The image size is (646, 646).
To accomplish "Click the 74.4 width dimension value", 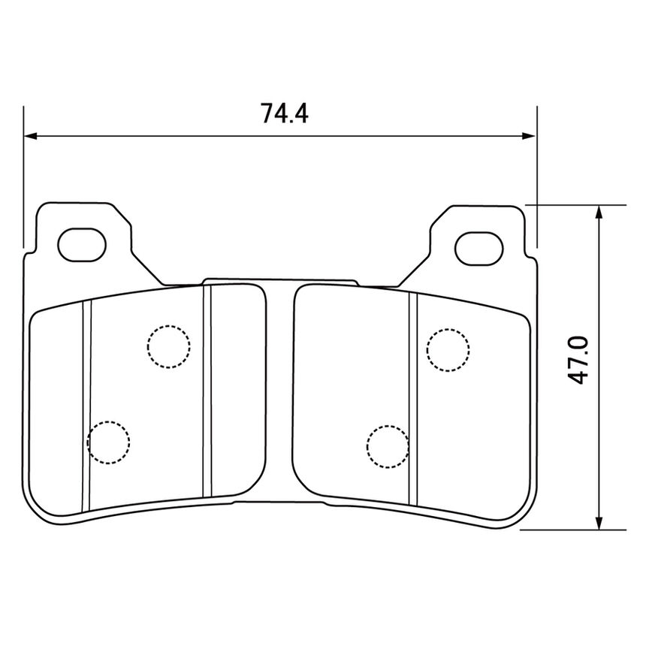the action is (284, 113).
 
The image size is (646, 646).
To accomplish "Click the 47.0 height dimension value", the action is (578, 360).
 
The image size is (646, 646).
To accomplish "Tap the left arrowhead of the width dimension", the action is (31, 136).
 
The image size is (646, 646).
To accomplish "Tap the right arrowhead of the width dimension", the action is (529, 136).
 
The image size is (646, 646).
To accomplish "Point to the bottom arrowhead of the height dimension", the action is (599, 522).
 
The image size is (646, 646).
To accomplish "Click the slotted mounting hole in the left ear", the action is (82, 245).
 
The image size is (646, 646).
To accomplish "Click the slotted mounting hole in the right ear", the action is (479, 249).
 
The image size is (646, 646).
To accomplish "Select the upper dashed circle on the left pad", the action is (169, 346).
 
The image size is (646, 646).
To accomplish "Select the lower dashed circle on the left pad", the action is (108, 442).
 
